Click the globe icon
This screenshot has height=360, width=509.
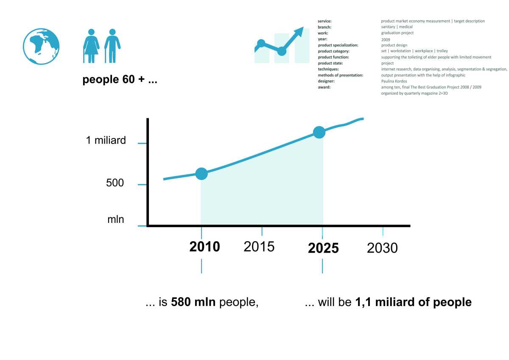(x=41, y=46)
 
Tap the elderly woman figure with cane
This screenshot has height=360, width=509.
(x=92, y=46)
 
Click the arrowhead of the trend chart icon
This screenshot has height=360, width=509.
(x=299, y=31)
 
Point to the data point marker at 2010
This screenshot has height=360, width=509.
(x=201, y=174)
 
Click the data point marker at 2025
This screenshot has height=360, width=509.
(x=319, y=132)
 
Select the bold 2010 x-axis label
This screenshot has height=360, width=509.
(x=204, y=247)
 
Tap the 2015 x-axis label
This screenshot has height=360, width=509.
(x=259, y=247)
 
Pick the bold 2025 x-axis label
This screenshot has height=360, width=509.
(x=323, y=248)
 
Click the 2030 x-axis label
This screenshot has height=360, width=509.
(x=382, y=248)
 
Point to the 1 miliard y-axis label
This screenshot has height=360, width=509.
(x=106, y=140)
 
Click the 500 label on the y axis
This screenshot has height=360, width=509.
(x=115, y=183)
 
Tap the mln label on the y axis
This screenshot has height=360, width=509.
(x=115, y=219)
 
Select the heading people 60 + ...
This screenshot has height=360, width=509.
(x=120, y=80)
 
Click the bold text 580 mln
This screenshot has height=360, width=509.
(x=193, y=302)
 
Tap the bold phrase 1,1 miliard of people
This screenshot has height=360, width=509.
(x=413, y=302)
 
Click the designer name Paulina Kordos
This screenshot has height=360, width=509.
(x=394, y=81)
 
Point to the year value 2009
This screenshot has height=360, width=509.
(x=385, y=39)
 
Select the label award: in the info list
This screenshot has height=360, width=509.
(x=324, y=87)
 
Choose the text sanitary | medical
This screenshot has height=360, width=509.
(x=397, y=27)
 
